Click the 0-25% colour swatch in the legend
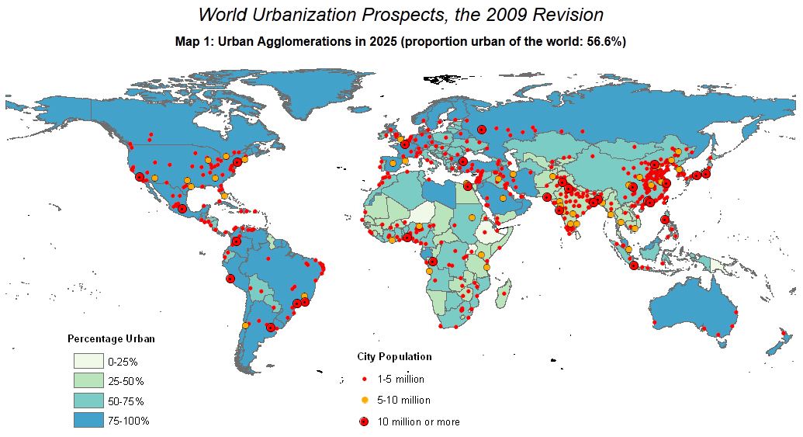click(x=88, y=361)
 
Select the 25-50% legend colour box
click(x=88, y=380)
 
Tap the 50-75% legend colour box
click(x=88, y=401)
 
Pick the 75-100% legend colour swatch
click(x=88, y=420)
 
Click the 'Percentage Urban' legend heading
click(x=111, y=338)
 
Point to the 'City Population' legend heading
click(x=394, y=357)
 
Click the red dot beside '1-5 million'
click(x=364, y=380)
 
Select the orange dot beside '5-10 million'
click(x=364, y=400)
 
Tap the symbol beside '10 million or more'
click(x=364, y=421)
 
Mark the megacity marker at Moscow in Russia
click(x=482, y=130)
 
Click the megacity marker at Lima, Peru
click(x=230, y=278)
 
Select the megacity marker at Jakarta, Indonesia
click(x=634, y=265)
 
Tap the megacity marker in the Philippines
click(x=665, y=220)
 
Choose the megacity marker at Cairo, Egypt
click(x=467, y=186)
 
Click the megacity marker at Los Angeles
click(x=140, y=176)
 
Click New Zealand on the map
click(x=783, y=342)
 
